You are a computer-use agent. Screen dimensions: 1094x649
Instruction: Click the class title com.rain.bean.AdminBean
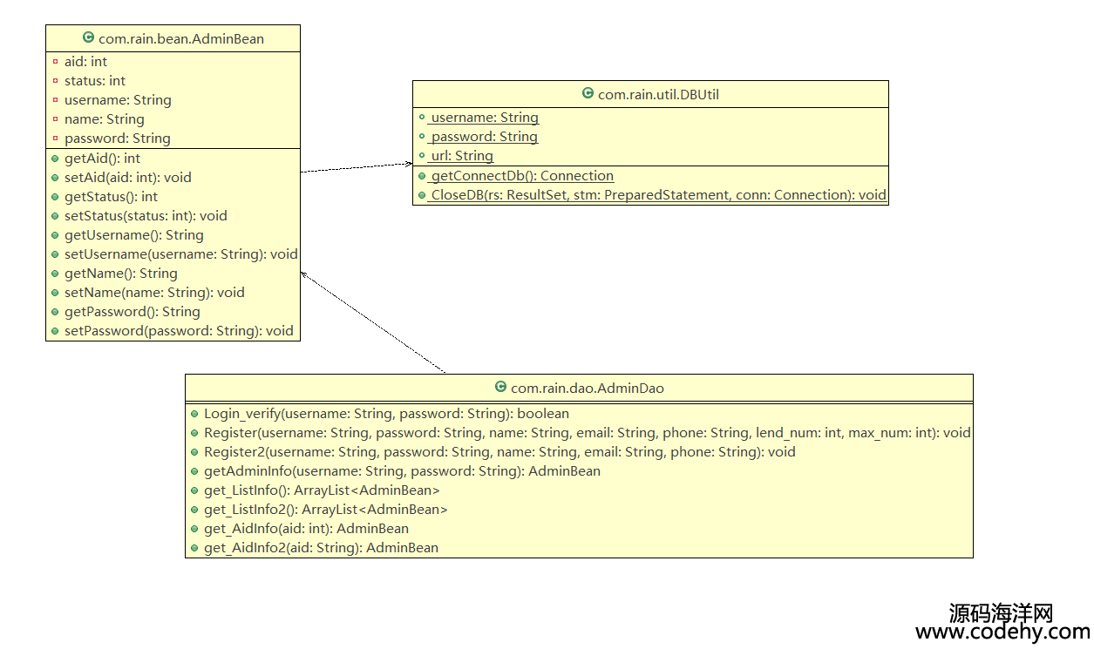[x=181, y=39]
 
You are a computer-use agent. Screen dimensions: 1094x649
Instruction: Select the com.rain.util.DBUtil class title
[x=658, y=95]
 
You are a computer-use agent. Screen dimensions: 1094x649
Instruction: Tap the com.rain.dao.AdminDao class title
[x=587, y=389]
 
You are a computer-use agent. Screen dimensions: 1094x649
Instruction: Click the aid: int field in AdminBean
[x=85, y=62]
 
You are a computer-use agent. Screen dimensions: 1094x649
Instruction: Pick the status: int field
[x=95, y=81]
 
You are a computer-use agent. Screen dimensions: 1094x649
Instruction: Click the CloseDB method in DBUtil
[x=658, y=195]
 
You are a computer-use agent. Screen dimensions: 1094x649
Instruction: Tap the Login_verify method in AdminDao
[x=386, y=414]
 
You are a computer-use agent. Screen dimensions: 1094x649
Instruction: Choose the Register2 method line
[x=499, y=452]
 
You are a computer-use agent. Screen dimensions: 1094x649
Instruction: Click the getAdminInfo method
[x=402, y=471]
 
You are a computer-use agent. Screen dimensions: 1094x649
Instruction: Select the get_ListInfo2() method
[x=326, y=510]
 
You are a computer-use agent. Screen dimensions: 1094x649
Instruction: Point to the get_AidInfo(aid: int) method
[x=306, y=529]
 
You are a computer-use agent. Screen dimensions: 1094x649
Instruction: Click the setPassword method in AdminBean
[x=179, y=331]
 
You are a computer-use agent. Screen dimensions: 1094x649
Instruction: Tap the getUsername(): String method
[x=134, y=235]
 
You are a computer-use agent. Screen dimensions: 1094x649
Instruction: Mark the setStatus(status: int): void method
[x=146, y=216]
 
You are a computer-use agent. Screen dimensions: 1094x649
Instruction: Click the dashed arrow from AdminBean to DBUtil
[x=357, y=167]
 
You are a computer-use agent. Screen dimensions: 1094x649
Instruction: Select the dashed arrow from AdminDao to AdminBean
[x=372, y=322]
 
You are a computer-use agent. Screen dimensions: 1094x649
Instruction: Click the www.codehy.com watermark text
[x=1002, y=632]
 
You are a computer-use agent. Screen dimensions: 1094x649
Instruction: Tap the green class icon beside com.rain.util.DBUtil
[x=588, y=92]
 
